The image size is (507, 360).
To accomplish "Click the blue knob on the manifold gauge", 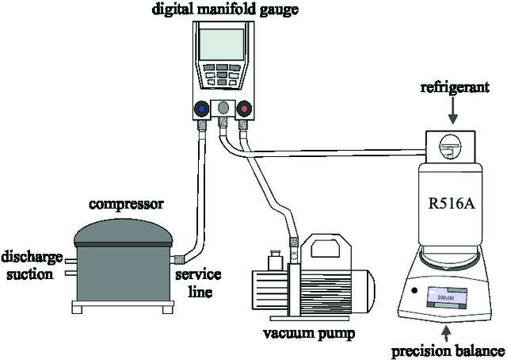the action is click(x=202, y=109).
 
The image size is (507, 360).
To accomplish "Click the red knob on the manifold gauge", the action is click(x=244, y=109).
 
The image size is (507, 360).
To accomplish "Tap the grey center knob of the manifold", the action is click(x=223, y=108).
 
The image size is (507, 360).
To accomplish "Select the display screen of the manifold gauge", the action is click(x=222, y=44).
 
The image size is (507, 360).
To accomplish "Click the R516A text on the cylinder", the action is click(x=452, y=204).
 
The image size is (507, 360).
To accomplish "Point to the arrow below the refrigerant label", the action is click(x=453, y=110).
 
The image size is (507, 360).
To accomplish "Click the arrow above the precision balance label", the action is click(x=447, y=334).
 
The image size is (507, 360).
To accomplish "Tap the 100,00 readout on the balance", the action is click(x=445, y=297).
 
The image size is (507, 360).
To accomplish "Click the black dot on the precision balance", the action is click(x=414, y=290).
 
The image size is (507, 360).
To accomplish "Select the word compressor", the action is click(x=127, y=205).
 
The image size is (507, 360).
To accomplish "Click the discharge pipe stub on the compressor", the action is click(x=71, y=261).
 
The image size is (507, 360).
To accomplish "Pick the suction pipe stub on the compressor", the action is click(x=71, y=274).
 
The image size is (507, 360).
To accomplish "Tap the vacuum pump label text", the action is click(x=309, y=334).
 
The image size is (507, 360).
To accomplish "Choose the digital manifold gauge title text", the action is click(x=225, y=9).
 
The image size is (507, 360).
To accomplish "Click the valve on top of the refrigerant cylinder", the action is click(x=450, y=147).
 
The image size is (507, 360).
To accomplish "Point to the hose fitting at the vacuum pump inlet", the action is click(x=293, y=242).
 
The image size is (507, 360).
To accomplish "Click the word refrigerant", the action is click(x=455, y=88).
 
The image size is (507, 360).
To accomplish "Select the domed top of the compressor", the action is click(x=124, y=232).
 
